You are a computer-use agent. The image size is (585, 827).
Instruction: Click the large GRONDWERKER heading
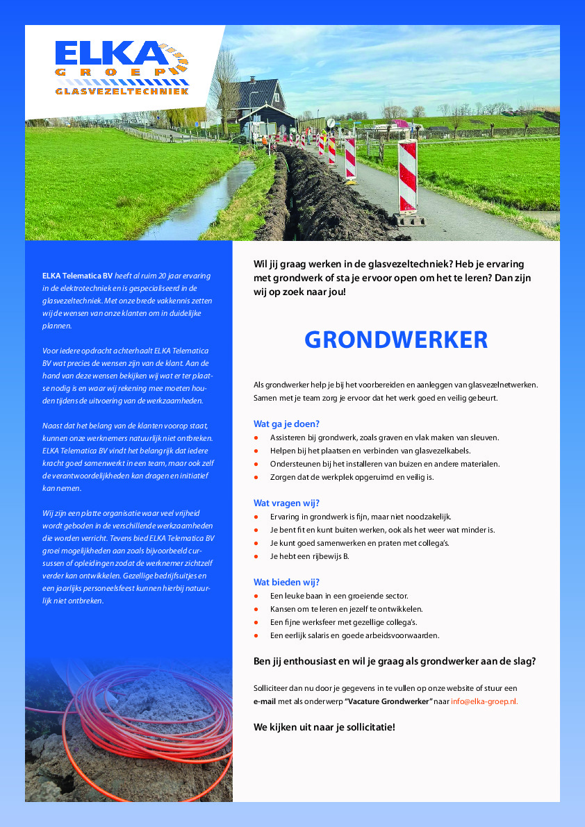[x=396, y=340]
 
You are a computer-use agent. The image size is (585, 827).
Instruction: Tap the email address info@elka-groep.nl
[x=484, y=701]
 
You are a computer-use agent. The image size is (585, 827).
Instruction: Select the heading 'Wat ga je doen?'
[x=286, y=424]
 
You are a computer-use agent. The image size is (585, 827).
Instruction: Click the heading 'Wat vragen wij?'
[x=286, y=503]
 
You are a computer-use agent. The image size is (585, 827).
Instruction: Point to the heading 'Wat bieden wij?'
[x=286, y=582]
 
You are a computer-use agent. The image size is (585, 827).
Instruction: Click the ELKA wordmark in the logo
[x=108, y=54]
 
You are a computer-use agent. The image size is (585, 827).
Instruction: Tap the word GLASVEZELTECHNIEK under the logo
[x=122, y=91]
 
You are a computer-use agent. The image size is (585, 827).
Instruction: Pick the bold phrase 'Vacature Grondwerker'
[x=389, y=701]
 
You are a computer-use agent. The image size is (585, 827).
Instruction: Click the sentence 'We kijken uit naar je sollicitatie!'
[x=324, y=727]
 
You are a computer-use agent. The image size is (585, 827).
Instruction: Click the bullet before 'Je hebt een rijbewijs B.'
[x=256, y=557]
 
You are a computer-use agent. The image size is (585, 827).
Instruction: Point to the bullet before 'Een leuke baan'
[x=256, y=596]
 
